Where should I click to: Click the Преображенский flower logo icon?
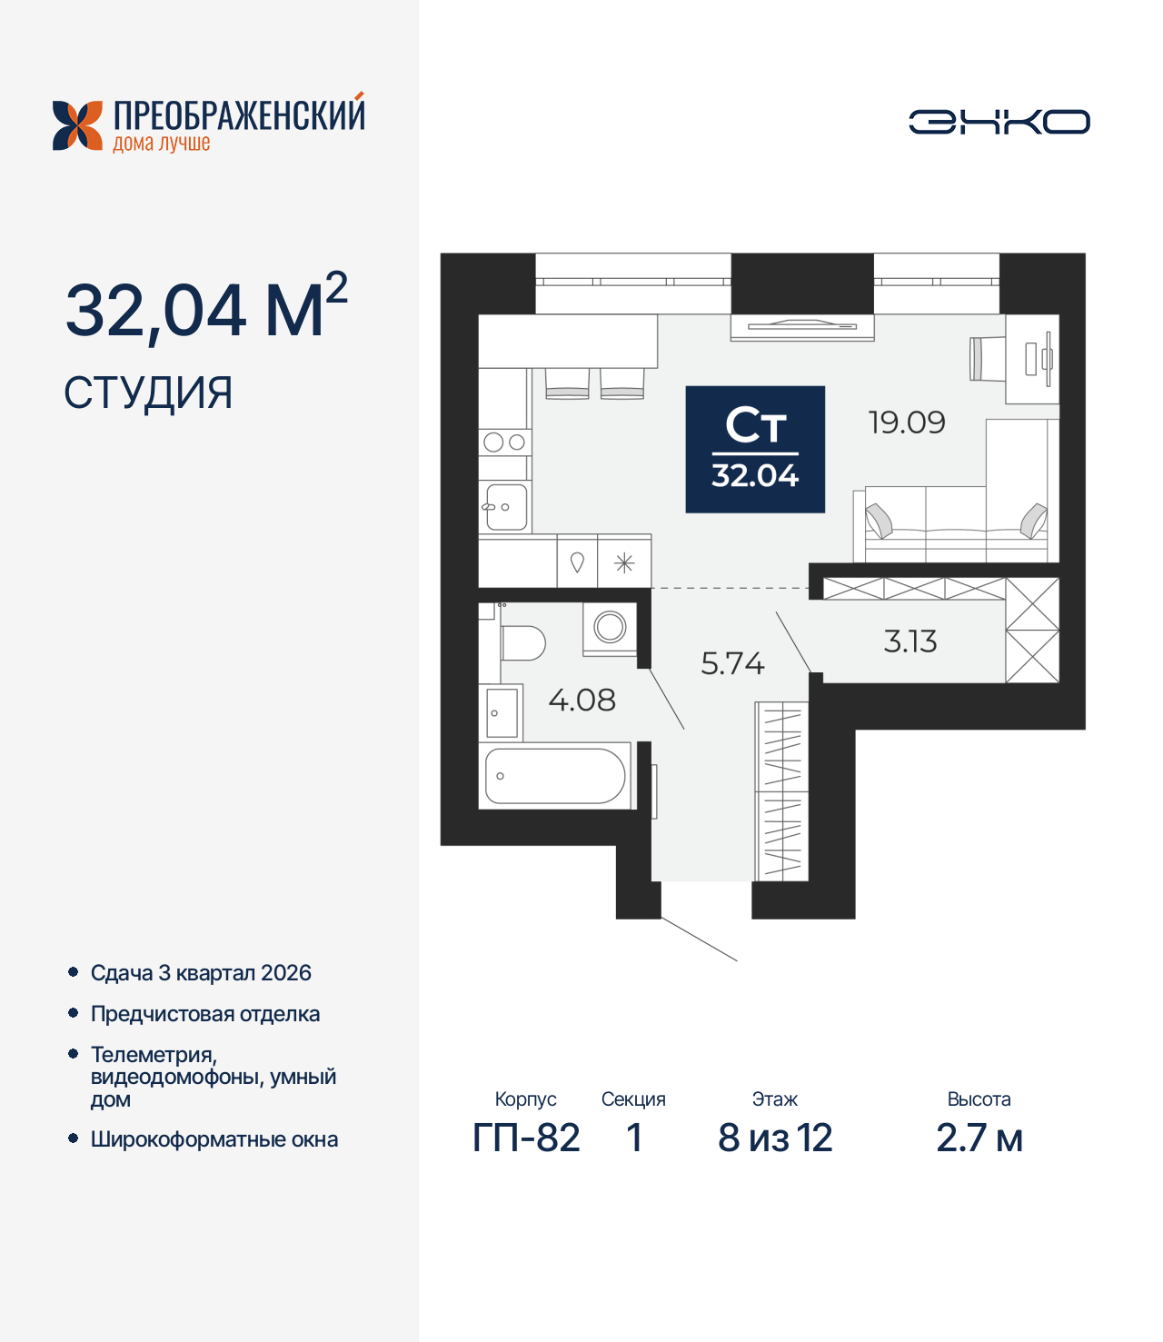coord(77,125)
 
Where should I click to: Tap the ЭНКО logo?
coord(999,122)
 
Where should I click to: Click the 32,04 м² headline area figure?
coord(205,309)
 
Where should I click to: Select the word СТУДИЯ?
coord(148,393)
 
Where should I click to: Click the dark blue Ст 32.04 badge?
coord(754,449)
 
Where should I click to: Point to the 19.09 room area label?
coord(906,422)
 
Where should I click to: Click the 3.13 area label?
coord(910,641)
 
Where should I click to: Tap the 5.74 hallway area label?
coord(732,663)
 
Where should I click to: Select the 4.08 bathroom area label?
coord(581,700)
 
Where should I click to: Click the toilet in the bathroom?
coord(521,642)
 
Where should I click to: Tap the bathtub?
coord(555,776)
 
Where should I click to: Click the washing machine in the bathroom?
coord(610,628)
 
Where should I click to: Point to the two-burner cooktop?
coord(504,442)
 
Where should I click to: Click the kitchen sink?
coord(504,506)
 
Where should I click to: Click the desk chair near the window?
coord(987,358)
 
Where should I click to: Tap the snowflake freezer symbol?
coord(624,563)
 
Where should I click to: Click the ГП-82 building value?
coord(526,1138)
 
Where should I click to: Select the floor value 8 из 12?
coord(775,1138)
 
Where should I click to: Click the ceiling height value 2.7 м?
coord(979,1138)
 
